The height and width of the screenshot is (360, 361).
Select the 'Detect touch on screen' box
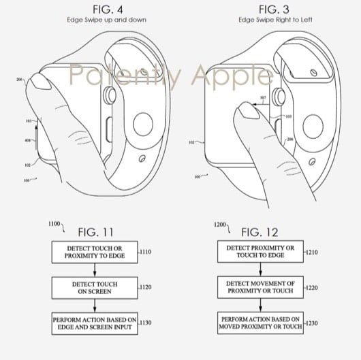point(93,287)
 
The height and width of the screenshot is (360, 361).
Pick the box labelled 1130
point(93,324)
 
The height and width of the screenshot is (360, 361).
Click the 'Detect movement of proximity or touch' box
point(261,287)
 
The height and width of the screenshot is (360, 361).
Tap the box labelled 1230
point(261,324)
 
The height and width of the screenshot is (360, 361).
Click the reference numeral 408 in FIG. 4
point(29,140)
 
